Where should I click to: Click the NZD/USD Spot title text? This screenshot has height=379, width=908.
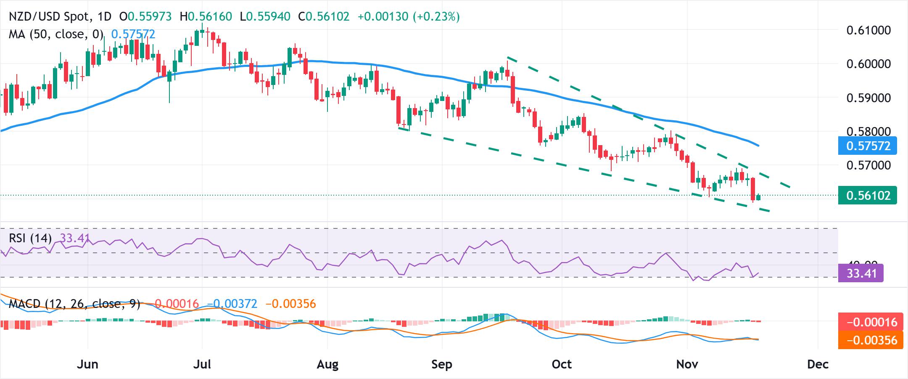pos(49,16)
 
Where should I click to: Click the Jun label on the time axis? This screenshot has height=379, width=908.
pos(87,364)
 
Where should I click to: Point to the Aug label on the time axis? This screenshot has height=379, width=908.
pos(327,364)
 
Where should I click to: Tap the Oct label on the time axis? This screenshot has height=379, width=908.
pos(562,364)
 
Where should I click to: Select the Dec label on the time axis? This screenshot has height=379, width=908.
pos(818,364)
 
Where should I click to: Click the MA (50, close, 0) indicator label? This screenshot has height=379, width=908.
pos(56,34)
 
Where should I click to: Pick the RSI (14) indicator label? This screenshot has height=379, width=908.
pos(30,239)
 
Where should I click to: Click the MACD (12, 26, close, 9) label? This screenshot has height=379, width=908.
pos(74,303)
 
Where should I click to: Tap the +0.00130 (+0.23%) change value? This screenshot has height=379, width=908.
pos(408,16)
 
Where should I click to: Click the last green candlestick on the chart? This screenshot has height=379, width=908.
pos(758,197)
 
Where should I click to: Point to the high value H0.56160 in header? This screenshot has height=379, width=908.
pos(206,16)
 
